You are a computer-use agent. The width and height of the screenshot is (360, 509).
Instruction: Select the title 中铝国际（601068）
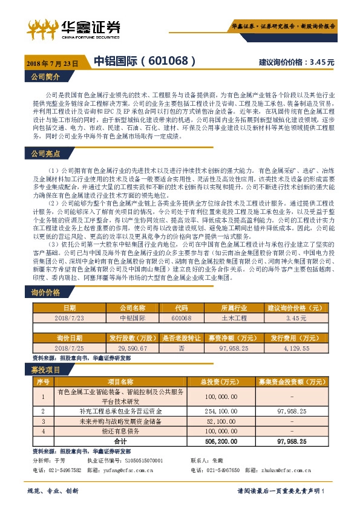(145, 61)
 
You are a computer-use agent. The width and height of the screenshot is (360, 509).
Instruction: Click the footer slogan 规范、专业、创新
(53, 490)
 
